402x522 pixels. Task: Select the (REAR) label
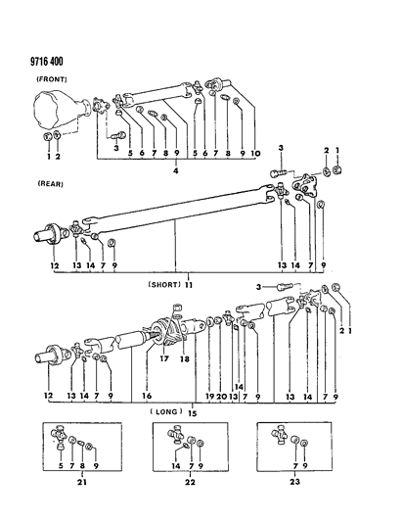51,183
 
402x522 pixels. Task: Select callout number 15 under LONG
193,412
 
